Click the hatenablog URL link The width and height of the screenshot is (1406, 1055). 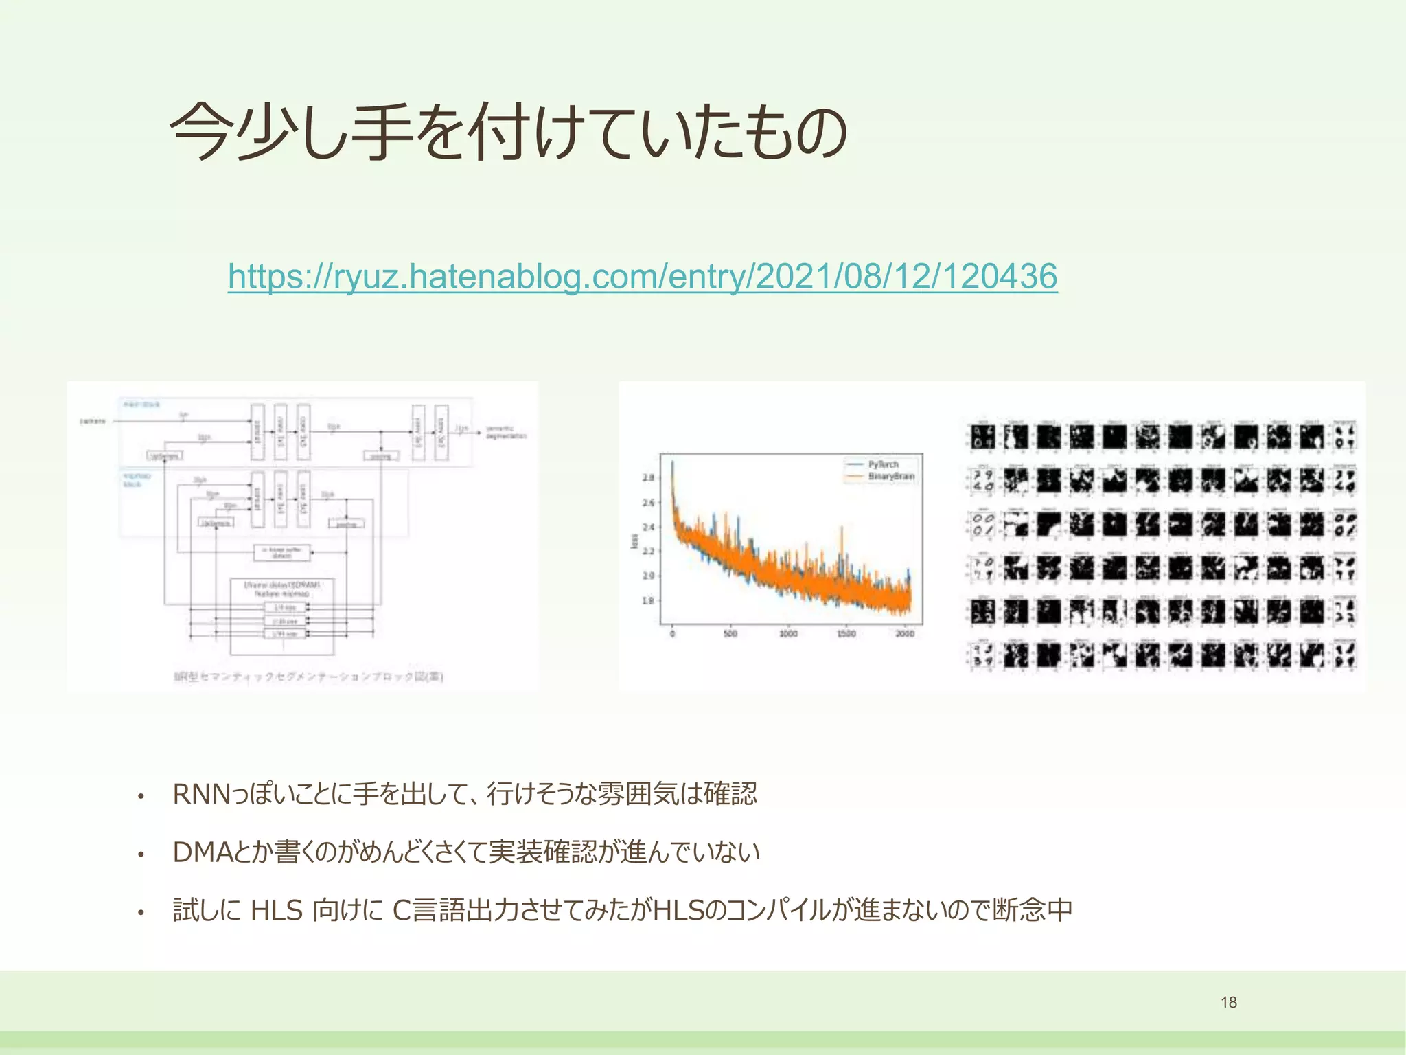(x=642, y=276)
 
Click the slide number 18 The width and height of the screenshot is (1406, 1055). (x=1228, y=1002)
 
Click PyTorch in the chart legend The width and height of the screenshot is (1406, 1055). (x=883, y=464)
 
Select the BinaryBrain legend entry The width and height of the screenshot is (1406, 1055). (x=890, y=476)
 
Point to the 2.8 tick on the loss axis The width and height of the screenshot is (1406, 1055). (x=648, y=477)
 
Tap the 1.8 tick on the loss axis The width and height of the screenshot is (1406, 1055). (x=648, y=600)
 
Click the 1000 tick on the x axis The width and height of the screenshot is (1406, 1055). (x=788, y=633)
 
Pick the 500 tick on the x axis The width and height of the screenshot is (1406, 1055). (x=730, y=633)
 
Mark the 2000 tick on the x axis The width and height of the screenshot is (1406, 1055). (x=904, y=633)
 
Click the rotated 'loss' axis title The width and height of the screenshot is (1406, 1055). (x=634, y=541)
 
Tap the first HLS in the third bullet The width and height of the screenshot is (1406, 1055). (x=277, y=910)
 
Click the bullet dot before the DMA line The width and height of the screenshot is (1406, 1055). (x=141, y=854)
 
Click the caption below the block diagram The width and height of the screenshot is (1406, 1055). (x=308, y=677)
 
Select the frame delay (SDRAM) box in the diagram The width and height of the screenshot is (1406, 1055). (x=282, y=589)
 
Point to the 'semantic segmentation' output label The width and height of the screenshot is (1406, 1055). (x=505, y=432)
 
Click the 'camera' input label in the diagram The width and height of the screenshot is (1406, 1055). (x=93, y=421)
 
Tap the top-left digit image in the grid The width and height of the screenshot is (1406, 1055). (x=982, y=436)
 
